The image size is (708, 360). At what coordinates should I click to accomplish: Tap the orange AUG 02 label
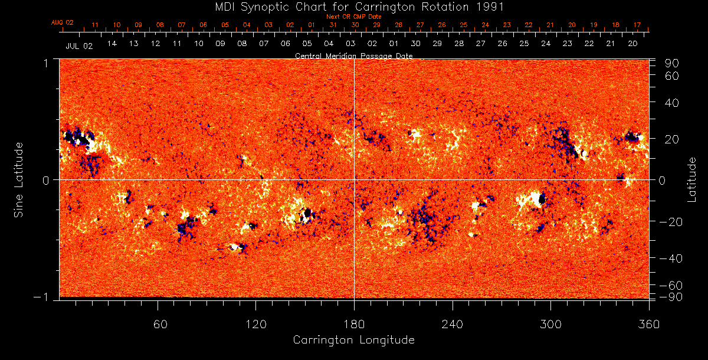click(62, 22)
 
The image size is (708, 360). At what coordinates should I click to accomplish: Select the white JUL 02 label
click(79, 45)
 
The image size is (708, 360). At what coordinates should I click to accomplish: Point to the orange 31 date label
click(333, 25)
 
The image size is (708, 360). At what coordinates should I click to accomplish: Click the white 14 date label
click(112, 44)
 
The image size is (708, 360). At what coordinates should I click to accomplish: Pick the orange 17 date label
click(637, 25)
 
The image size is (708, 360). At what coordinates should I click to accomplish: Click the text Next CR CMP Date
click(354, 17)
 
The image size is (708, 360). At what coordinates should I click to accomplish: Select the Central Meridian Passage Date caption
click(354, 55)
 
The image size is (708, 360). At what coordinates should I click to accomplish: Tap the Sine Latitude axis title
click(19, 179)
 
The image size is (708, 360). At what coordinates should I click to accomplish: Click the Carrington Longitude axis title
click(353, 340)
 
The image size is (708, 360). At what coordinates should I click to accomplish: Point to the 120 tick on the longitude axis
click(255, 324)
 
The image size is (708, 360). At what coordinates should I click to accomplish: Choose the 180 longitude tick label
click(354, 324)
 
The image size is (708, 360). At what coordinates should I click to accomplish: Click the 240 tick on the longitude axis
click(453, 324)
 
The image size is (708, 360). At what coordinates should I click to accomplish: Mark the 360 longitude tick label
click(649, 324)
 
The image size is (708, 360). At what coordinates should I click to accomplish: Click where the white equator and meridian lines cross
click(354, 179)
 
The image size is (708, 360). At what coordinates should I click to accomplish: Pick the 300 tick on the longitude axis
click(550, 324)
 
